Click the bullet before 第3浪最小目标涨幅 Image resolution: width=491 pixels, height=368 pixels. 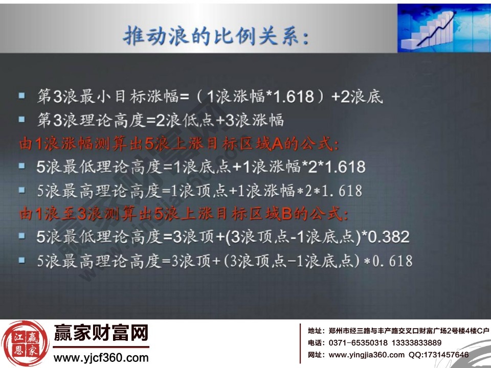click(21, 96)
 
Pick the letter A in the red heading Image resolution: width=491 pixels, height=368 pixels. click(277, 144)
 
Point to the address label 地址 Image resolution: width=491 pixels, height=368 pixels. click(315, 331)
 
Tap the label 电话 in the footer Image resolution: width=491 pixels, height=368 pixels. click(315, 342)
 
